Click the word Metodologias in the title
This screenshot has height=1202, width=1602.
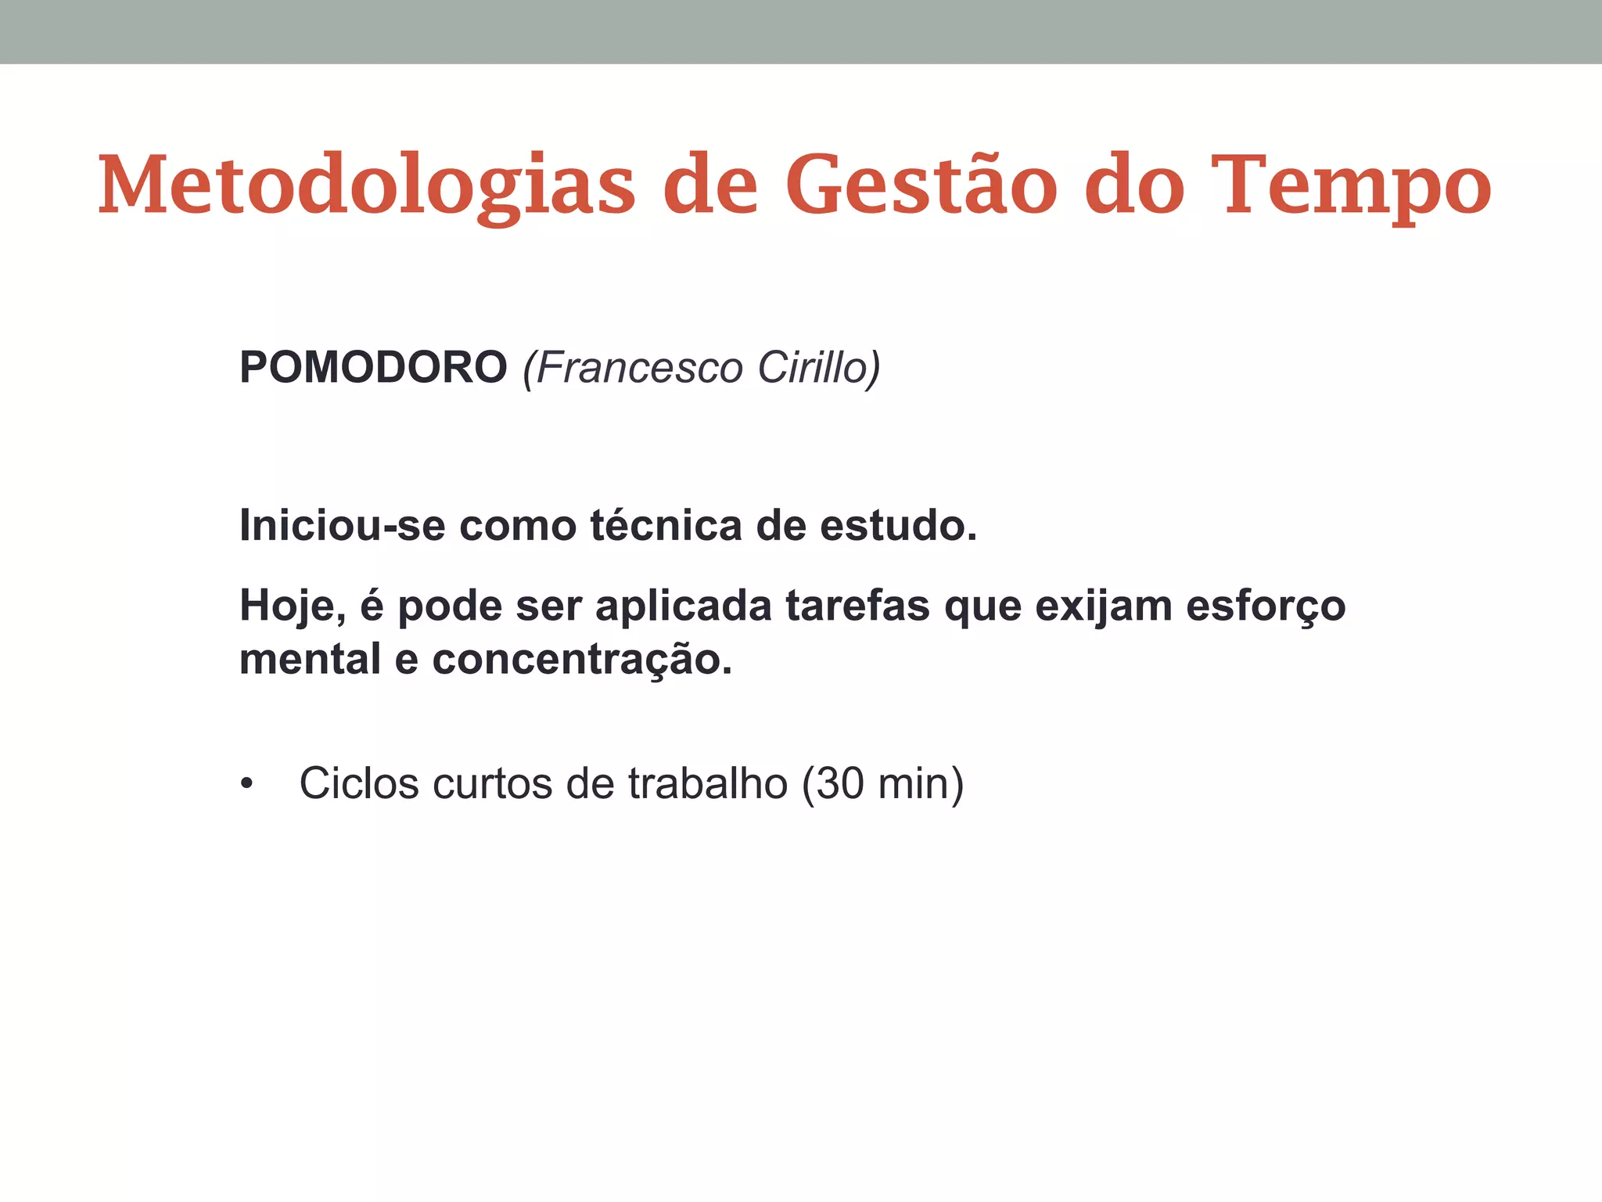point(366,186)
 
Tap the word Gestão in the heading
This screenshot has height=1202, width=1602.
point(921,186)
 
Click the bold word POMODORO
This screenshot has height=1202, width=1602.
point(373,367)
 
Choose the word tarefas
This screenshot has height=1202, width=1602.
point(857,606)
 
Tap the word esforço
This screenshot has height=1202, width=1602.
point(1265,606)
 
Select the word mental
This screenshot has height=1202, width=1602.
point(310,659)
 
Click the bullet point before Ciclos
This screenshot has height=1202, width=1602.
point(247,783)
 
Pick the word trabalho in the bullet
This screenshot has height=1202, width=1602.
point(707,783)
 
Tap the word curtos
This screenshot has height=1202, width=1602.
point(492,783)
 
